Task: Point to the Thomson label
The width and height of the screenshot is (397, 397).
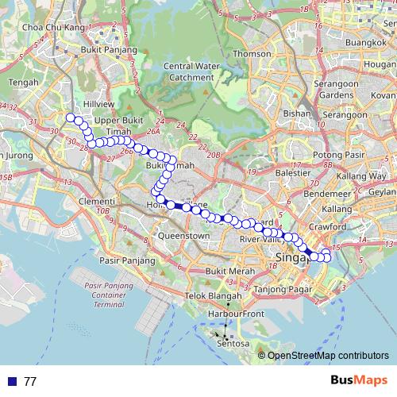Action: (x=252, y=54)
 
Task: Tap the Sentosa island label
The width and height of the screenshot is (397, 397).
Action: (x=233, y=344)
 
